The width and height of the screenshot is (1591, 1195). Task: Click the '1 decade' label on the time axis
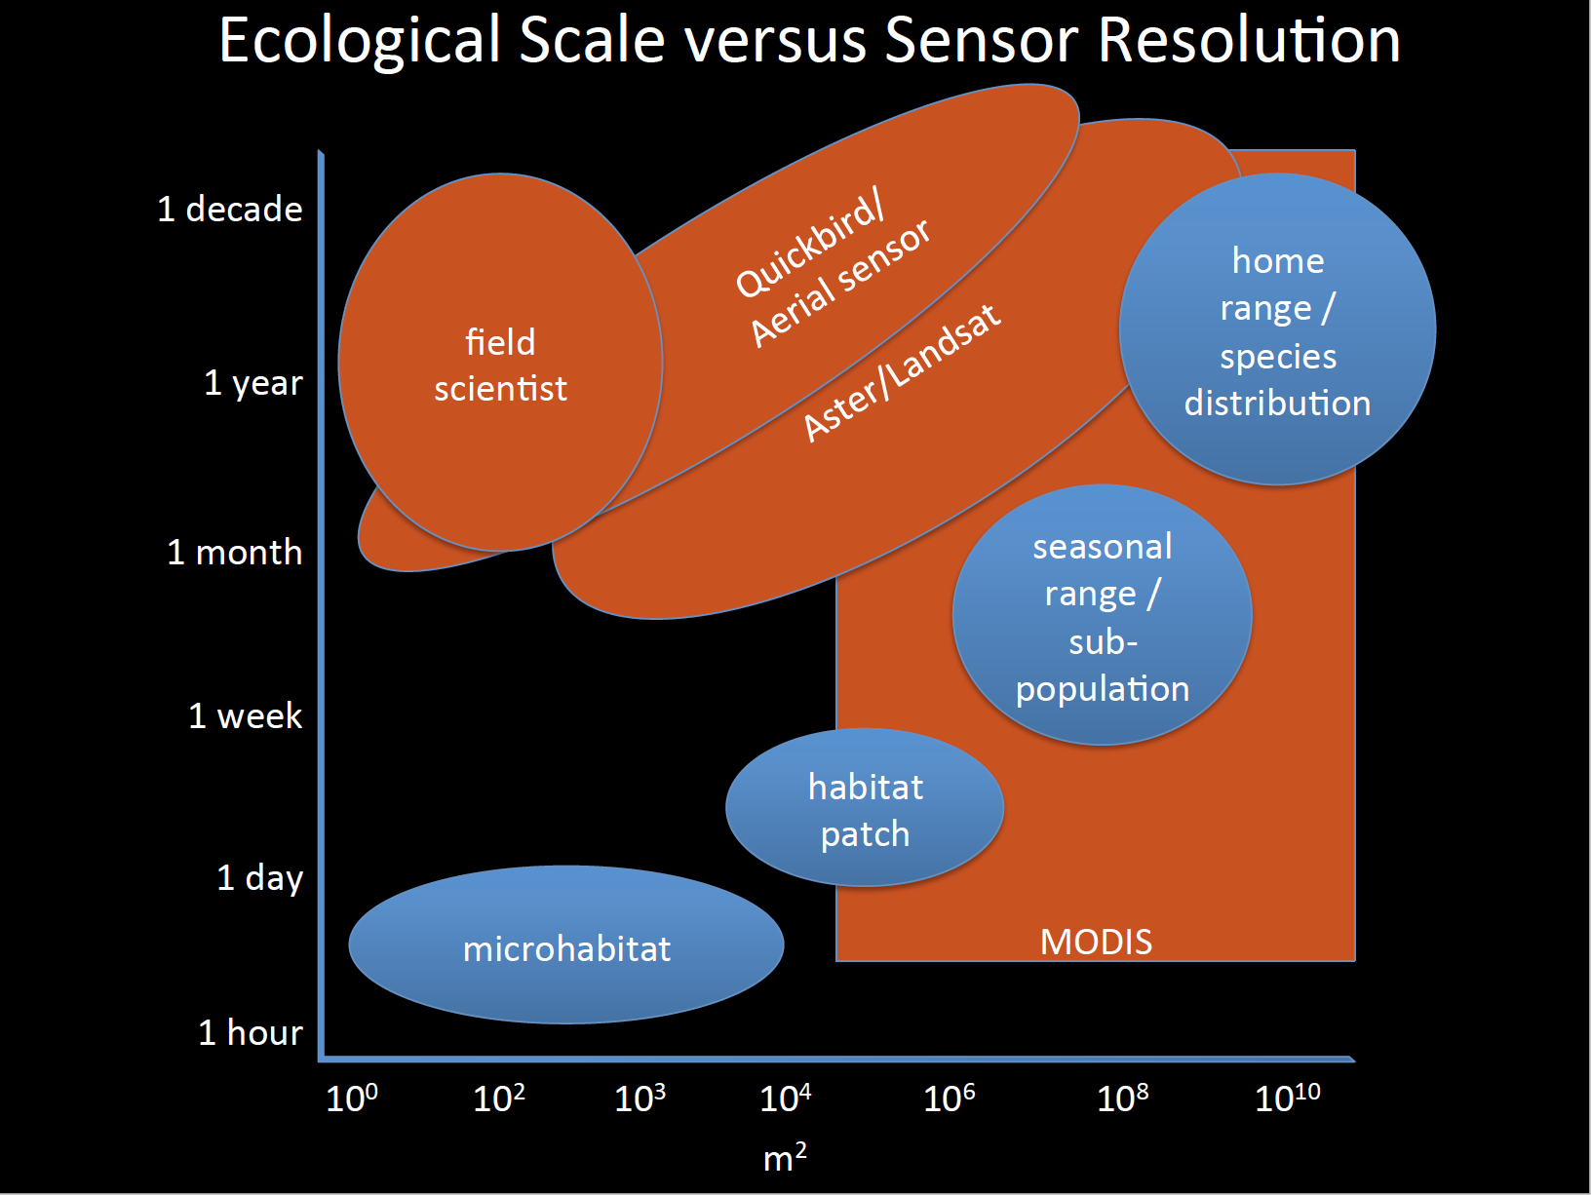coord(230,210)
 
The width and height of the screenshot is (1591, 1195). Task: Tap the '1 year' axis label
coord(253,382)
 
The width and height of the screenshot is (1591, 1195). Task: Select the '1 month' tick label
coord(235,553)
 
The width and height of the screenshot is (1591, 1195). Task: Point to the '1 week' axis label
coord(246,716)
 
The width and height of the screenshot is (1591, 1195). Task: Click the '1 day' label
coord(259,878)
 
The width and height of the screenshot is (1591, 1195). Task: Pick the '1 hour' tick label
coord(251,1033)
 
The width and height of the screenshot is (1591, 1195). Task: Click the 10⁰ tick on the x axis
coord(352,1099)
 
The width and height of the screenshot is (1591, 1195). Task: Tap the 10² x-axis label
coord(499,1099)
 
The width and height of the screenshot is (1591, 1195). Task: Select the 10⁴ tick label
coord(786,1099)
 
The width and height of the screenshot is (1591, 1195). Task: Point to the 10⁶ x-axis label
coord(950,1099)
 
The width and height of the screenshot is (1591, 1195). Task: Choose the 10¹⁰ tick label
coord(1288,1099)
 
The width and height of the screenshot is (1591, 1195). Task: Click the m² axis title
coord(785,1158)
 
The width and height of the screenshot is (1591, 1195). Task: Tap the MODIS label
coord(1096,942)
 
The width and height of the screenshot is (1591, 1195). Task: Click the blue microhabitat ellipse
coord(566,945)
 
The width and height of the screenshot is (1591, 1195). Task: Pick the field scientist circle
coord(500,364)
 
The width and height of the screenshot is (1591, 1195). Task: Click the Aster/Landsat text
coord(902,373)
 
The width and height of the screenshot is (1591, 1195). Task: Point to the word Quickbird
coord(810,246)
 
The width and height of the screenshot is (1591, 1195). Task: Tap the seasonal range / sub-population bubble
coord(1103,616)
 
